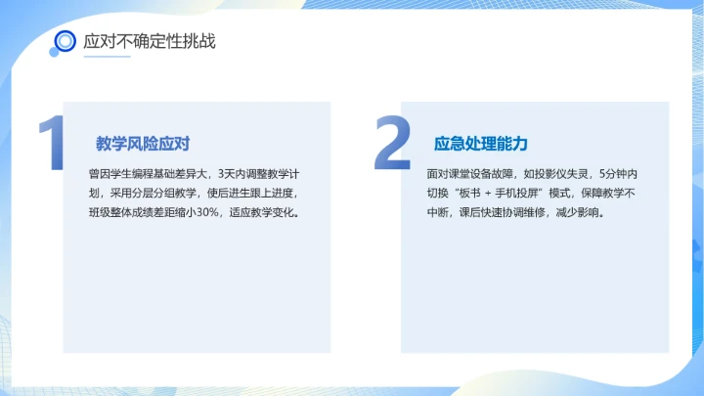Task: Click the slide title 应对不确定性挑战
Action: tap(149, 41)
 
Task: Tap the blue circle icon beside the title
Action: tap(66, 41)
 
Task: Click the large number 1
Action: tap(52, 147)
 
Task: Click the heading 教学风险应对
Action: tap(142, 144)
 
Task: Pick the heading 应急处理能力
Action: tap(480, 144)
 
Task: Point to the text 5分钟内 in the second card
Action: tap(618, 173)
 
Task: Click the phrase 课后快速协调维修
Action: tap(509, 211)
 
